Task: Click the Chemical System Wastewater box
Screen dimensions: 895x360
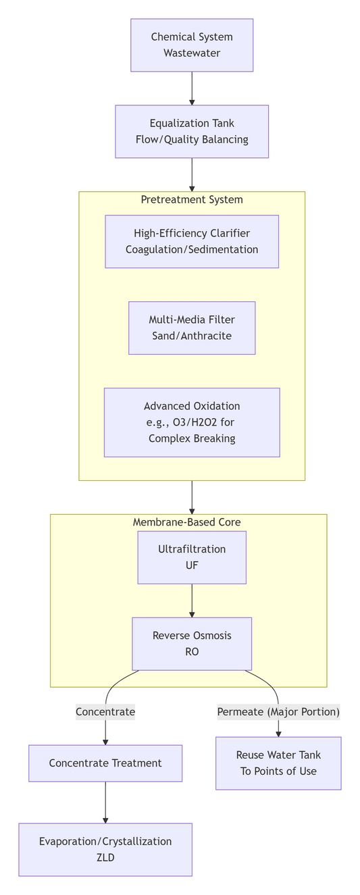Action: [192, 45]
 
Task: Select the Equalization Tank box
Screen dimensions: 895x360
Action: [192, 131]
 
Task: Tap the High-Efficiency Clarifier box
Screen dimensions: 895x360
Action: [192, 241]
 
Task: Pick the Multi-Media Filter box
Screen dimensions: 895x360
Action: [192, 328]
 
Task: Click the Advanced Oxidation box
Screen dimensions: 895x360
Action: [192, 422]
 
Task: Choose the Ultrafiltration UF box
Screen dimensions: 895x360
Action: [192, 557]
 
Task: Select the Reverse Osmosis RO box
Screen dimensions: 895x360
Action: [192, 643]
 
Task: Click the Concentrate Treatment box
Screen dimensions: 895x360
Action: [105, 763]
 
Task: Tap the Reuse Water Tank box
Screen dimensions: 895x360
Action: [278, 763]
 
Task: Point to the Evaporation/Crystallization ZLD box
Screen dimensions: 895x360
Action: [105, 849]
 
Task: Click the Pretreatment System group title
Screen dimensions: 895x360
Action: [192, 199]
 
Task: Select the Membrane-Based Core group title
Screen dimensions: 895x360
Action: [186, 522]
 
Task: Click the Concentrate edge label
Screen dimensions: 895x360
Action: [105, 711]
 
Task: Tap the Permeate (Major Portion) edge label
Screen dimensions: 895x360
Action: [278, 711]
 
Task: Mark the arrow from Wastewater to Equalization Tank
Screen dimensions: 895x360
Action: [192, 88]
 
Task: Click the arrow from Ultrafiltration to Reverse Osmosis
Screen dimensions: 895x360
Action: [192, 600]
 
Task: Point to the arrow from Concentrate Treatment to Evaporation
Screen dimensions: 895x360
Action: [105, 802]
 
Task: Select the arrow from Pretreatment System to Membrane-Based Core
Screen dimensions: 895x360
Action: [192, 497]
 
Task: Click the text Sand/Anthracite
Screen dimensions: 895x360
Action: [192, 336]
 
